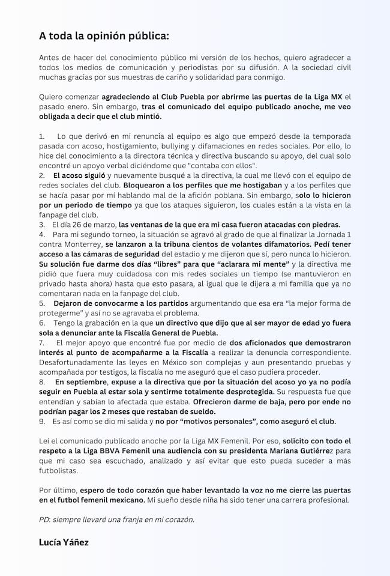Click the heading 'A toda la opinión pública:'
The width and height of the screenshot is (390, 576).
(104, 37)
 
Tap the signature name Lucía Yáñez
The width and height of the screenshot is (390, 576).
(64, 542)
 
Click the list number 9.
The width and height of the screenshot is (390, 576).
(42, 422)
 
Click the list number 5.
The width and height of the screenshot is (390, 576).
(42, 303)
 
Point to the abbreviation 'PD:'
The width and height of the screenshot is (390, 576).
(46, 520)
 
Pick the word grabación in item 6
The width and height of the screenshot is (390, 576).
(96, 323)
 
